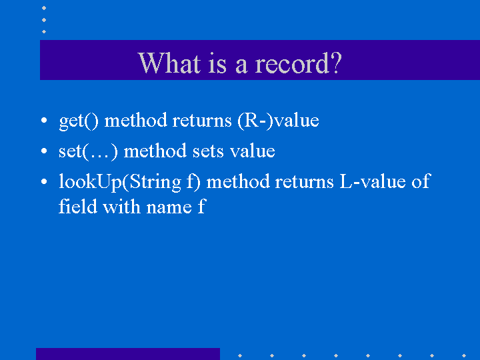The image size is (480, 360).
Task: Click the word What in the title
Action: pyautogui.click(x=166, y=63)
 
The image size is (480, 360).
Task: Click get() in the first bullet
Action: pyautogui.click(x=79, y=121)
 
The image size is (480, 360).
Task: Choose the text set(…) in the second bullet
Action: pyautogui.click(x=89, y=151)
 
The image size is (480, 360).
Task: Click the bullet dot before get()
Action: pyautogui.click(x=43, y=122)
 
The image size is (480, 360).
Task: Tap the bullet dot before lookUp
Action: pyautogui.click(x=43, y=183)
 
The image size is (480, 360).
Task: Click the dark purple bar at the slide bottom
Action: pyautogui.click(x=127, y=354)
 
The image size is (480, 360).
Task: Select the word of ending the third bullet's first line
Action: pyautogui.click(x=421, y=181)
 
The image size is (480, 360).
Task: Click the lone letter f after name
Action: pyautogui.click(x=201, y=207)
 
